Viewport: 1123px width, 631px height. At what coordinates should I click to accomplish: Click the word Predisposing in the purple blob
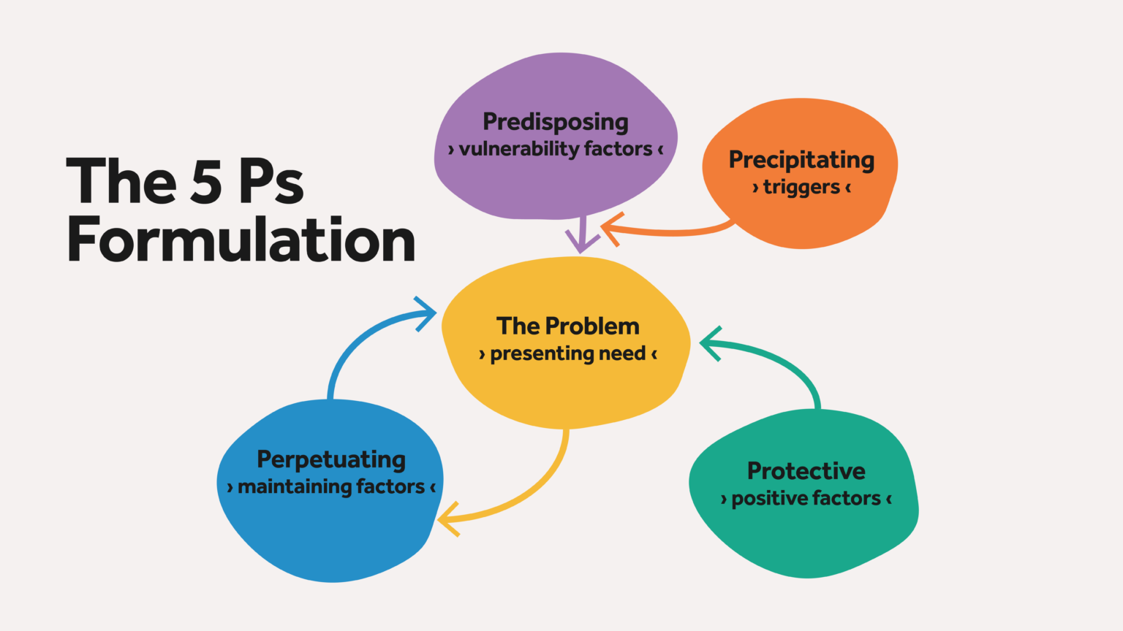pos(556,123)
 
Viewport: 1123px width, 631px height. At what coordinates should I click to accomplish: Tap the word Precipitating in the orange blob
pos(801,161)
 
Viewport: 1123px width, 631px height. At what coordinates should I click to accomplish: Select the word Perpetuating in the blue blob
pos(331,460)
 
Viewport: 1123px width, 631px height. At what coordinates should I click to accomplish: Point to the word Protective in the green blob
pos(806,471)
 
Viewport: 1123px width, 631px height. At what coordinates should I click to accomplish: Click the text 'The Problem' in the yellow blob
pos(568,326)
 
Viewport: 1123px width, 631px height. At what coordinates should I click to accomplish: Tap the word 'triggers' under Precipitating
pos(801,188)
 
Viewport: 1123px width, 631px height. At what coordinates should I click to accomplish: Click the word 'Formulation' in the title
pos(241,240)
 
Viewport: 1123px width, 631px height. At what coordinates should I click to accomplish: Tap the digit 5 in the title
pos(205,180)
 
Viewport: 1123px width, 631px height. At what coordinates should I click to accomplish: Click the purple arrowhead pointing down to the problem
pos(582,242)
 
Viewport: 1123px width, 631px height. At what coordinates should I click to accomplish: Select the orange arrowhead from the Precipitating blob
pos(612,229)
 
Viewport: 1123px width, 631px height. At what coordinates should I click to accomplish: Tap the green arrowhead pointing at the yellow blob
pos(711,343)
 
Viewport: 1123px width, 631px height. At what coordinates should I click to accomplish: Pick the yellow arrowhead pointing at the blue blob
pos(448,519)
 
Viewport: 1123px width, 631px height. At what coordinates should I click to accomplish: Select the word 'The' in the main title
pos(121,180)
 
